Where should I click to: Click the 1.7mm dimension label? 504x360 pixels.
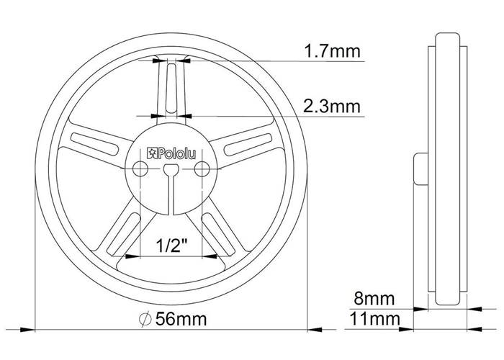click(x=333, y=51)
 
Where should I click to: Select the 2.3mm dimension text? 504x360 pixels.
click(x=332, y=107)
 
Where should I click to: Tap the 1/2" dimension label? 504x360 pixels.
click(x=171, y=246)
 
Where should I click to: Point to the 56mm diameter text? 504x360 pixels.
click(x=181, y=319)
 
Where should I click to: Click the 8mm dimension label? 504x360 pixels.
click(x=374, y=299)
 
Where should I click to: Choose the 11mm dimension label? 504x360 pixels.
click(x=375, y=319)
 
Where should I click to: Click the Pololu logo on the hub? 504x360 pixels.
click(x=171, y=153)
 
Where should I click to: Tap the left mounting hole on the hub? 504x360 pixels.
click(x=140, y=168)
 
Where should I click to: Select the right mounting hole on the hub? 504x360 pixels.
click(x=202, y=168)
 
